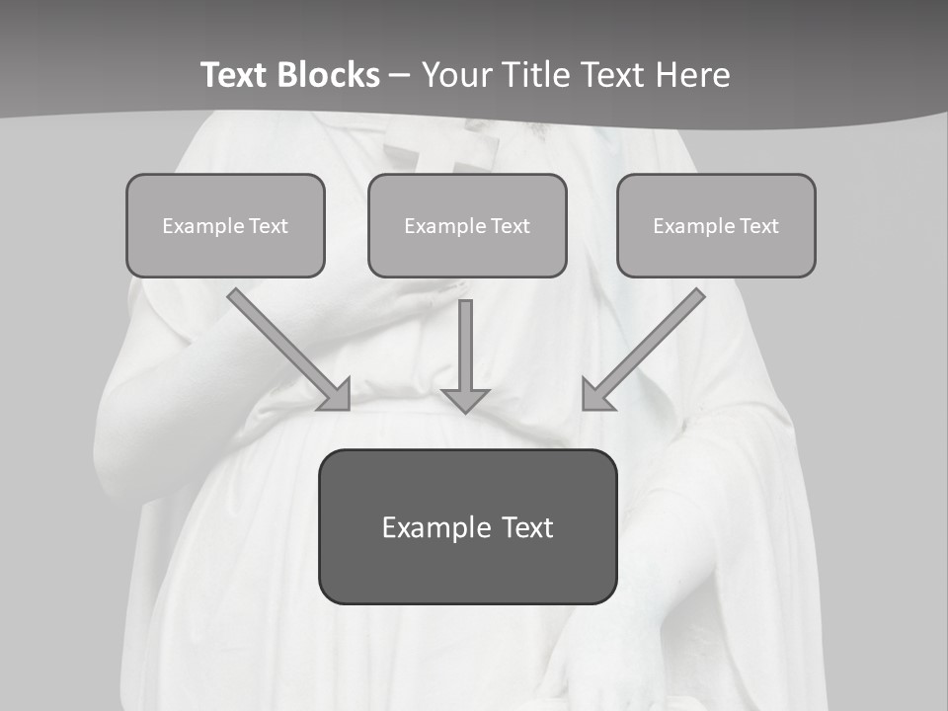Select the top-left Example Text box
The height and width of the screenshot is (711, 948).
click(x=225, y=225)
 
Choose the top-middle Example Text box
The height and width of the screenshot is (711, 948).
click(x=467, y=225)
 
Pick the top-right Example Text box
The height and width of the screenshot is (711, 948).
click(x=716, y=225)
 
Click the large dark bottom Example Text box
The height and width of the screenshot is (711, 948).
click(x=467, y=526)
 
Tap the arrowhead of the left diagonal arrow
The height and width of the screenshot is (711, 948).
click(x=336, y=395)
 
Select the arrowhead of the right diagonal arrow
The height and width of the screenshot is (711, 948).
click(x=596, y=395)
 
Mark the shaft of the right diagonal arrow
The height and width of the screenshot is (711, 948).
click(x=657, y=336)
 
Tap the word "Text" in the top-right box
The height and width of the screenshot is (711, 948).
click(x=758, y=226)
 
